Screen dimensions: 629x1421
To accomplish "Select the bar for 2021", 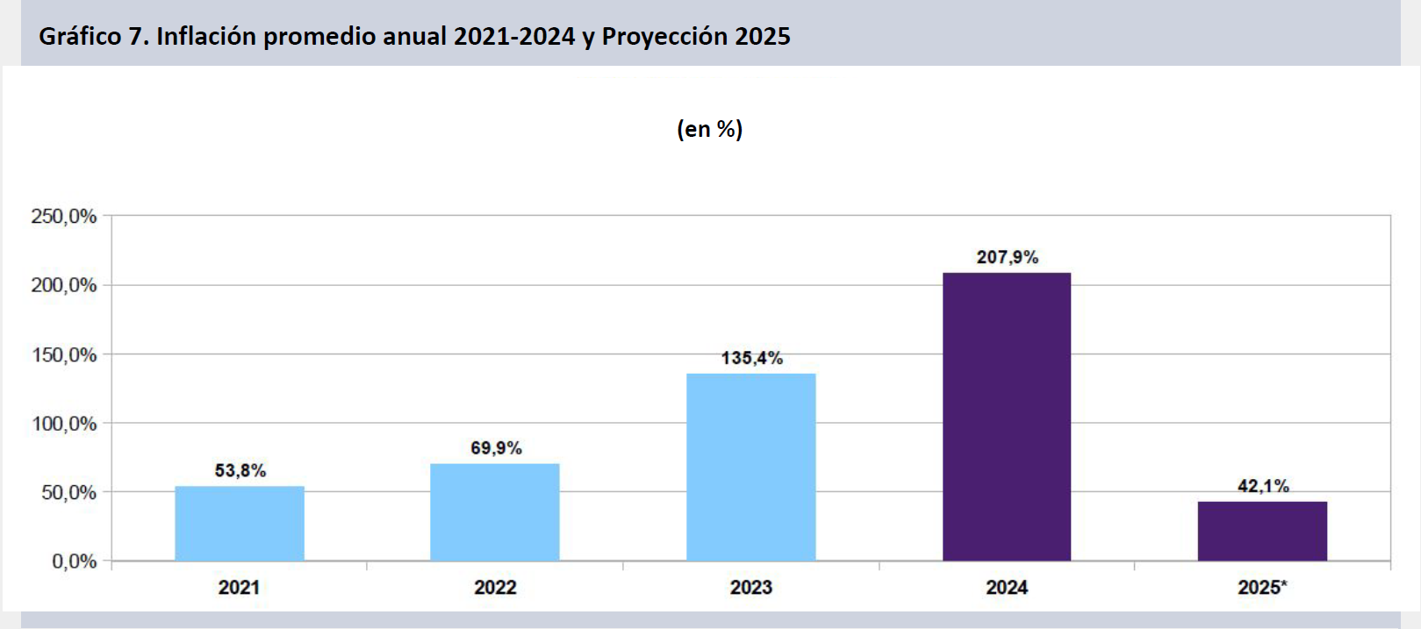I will (x=240, y=523).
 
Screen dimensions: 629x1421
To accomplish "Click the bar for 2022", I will (x=495, y=511).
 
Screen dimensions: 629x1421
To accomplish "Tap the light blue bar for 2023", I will (x=751, y=467).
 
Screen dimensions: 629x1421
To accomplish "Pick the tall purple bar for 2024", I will (x=1007, y=417).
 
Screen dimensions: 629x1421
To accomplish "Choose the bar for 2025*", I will (x=1262, y=531).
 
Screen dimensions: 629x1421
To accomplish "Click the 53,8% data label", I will (x=240, y=471).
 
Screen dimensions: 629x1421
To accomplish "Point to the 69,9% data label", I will (x=496, y=448).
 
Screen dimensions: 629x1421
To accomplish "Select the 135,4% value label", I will (x=752, y=358).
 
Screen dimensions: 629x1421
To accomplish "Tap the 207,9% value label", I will (x=1008, y=257).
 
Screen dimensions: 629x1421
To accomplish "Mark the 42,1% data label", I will (x=1263, y=486).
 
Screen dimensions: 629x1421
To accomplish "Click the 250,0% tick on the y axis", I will (x=64, y=217).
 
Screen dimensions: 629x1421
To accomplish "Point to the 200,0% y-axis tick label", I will (x=64, y=285).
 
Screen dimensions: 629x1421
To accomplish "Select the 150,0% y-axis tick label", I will (x=64, y=354).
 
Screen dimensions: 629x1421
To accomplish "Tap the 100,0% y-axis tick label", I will (x=64, y=424).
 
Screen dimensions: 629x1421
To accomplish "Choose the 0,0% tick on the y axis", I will (x=75, y=561).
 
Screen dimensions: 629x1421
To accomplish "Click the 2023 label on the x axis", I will (x=751, y=588).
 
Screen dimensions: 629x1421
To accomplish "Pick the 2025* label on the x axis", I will (x=1262, y=588).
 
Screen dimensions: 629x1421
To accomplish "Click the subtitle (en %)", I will (x=710, y=129).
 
